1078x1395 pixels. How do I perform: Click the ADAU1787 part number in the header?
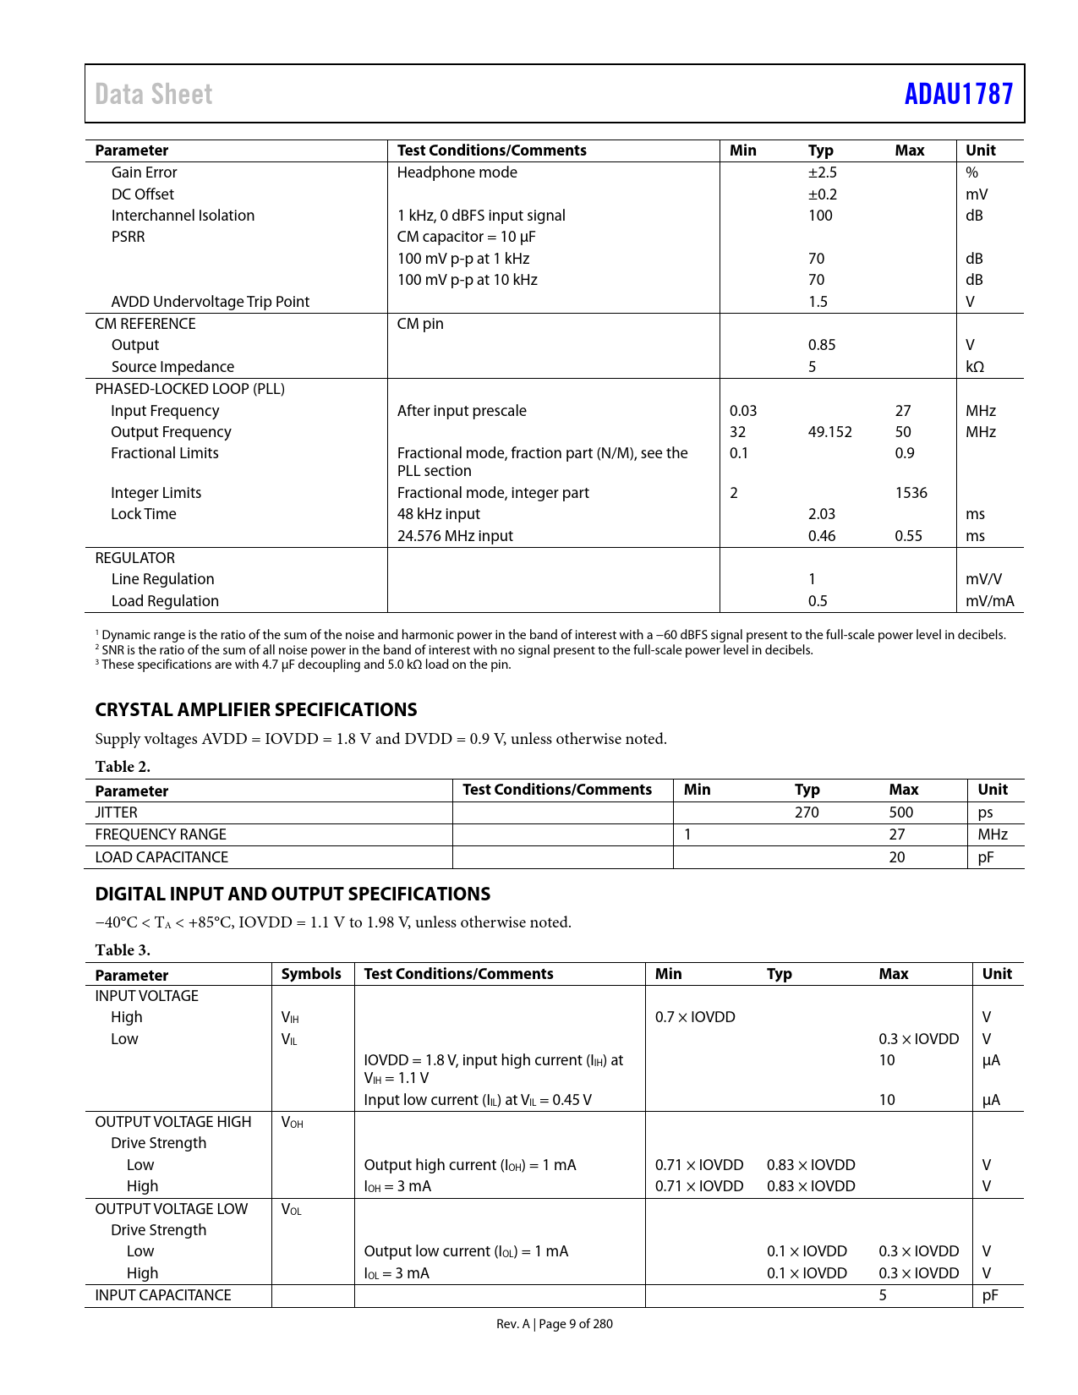958,94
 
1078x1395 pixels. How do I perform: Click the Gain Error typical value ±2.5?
822,172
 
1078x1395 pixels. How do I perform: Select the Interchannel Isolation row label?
183,216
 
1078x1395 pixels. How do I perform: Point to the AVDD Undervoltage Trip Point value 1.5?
818,302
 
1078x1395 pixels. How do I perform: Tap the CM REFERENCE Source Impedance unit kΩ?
975,367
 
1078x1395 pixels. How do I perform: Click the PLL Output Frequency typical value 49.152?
829,432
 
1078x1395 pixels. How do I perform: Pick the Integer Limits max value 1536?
911,493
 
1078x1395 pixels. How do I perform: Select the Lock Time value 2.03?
821,514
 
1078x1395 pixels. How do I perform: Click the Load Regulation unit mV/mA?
989,601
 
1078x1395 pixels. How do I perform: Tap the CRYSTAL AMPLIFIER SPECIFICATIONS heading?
256,710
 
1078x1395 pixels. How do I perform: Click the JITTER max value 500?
900,812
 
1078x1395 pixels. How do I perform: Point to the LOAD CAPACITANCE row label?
161,857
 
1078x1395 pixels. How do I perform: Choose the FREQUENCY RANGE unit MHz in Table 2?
993,834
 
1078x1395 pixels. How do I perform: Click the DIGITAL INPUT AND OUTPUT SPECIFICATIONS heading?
293,894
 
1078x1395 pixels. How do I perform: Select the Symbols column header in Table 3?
311,974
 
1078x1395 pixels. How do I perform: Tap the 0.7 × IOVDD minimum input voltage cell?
695,1017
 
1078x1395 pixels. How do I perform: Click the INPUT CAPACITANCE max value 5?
882,1295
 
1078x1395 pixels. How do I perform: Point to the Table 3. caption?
123,950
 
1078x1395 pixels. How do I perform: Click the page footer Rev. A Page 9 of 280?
554,1324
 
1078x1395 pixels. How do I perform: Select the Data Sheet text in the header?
154,94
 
